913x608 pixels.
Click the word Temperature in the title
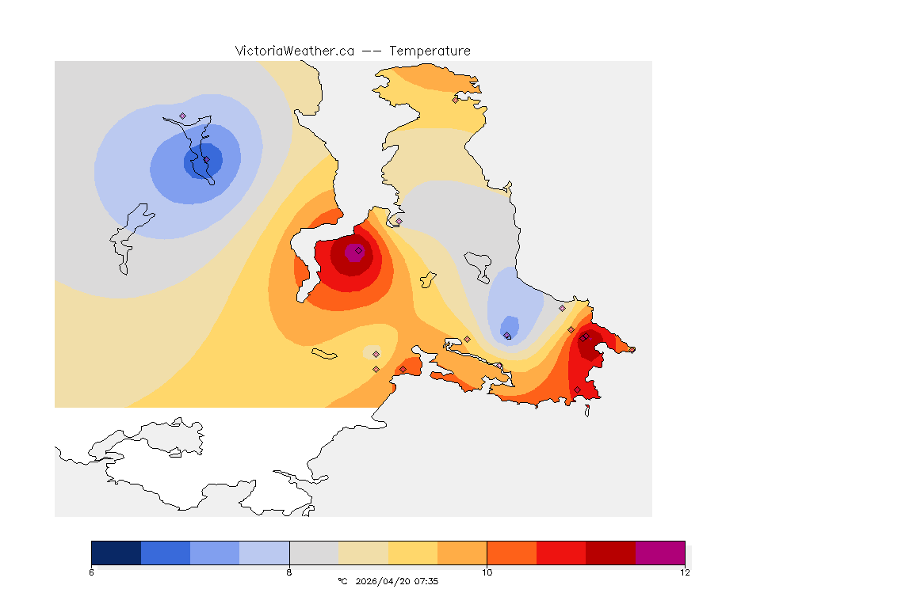[x=430, y=51]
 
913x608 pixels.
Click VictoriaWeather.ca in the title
[x=294, y=51]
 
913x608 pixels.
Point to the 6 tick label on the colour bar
[x=92, y=572]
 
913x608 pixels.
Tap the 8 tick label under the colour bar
[x=289, y=572]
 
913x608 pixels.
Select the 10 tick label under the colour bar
[x=487, y=572]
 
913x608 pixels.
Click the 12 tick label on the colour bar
[x=685, y=572]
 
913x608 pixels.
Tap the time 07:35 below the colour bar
[x=426, y=581]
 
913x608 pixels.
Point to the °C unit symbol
[x=342, y=581]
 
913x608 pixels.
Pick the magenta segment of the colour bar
[x=660, y=552]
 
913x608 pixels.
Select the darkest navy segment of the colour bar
[x=117, y=552]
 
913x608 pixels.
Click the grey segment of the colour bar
[x=314, y=552]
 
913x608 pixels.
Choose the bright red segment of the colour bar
[x=561, y=552]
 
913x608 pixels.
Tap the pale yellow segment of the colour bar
[x=413, y=552]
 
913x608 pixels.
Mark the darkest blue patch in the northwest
[x=204, y=161]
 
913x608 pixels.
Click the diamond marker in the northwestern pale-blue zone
[x=182, y=116]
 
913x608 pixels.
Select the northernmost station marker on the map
[x=455, y=100]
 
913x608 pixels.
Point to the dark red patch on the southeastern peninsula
[x=588, y=344]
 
